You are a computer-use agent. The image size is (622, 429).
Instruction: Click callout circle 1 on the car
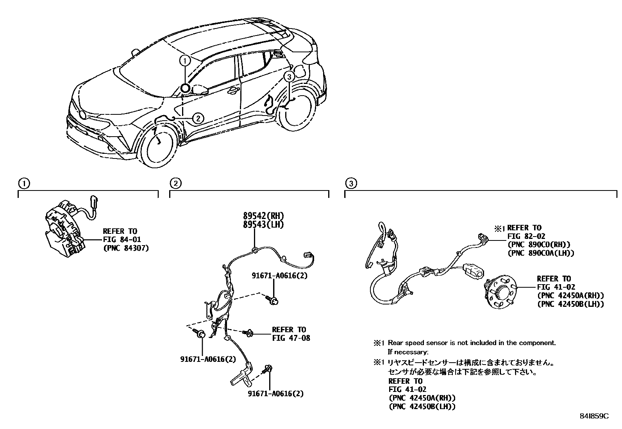185,61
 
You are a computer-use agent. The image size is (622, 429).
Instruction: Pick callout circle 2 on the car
198,117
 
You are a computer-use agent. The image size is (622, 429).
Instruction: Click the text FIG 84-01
122,240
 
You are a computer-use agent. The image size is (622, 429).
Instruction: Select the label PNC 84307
126,248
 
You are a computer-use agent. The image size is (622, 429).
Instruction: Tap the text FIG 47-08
291,338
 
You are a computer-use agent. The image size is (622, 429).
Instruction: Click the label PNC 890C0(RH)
539,245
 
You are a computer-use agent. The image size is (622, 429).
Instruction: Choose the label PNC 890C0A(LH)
541,253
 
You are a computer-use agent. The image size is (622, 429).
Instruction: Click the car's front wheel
159,145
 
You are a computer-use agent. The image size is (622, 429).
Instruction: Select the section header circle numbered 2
175,183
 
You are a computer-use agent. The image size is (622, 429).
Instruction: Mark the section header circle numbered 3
351,183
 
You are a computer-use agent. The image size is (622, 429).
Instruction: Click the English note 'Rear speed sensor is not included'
471,343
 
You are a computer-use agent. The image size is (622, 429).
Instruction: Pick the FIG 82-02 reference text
526,236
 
